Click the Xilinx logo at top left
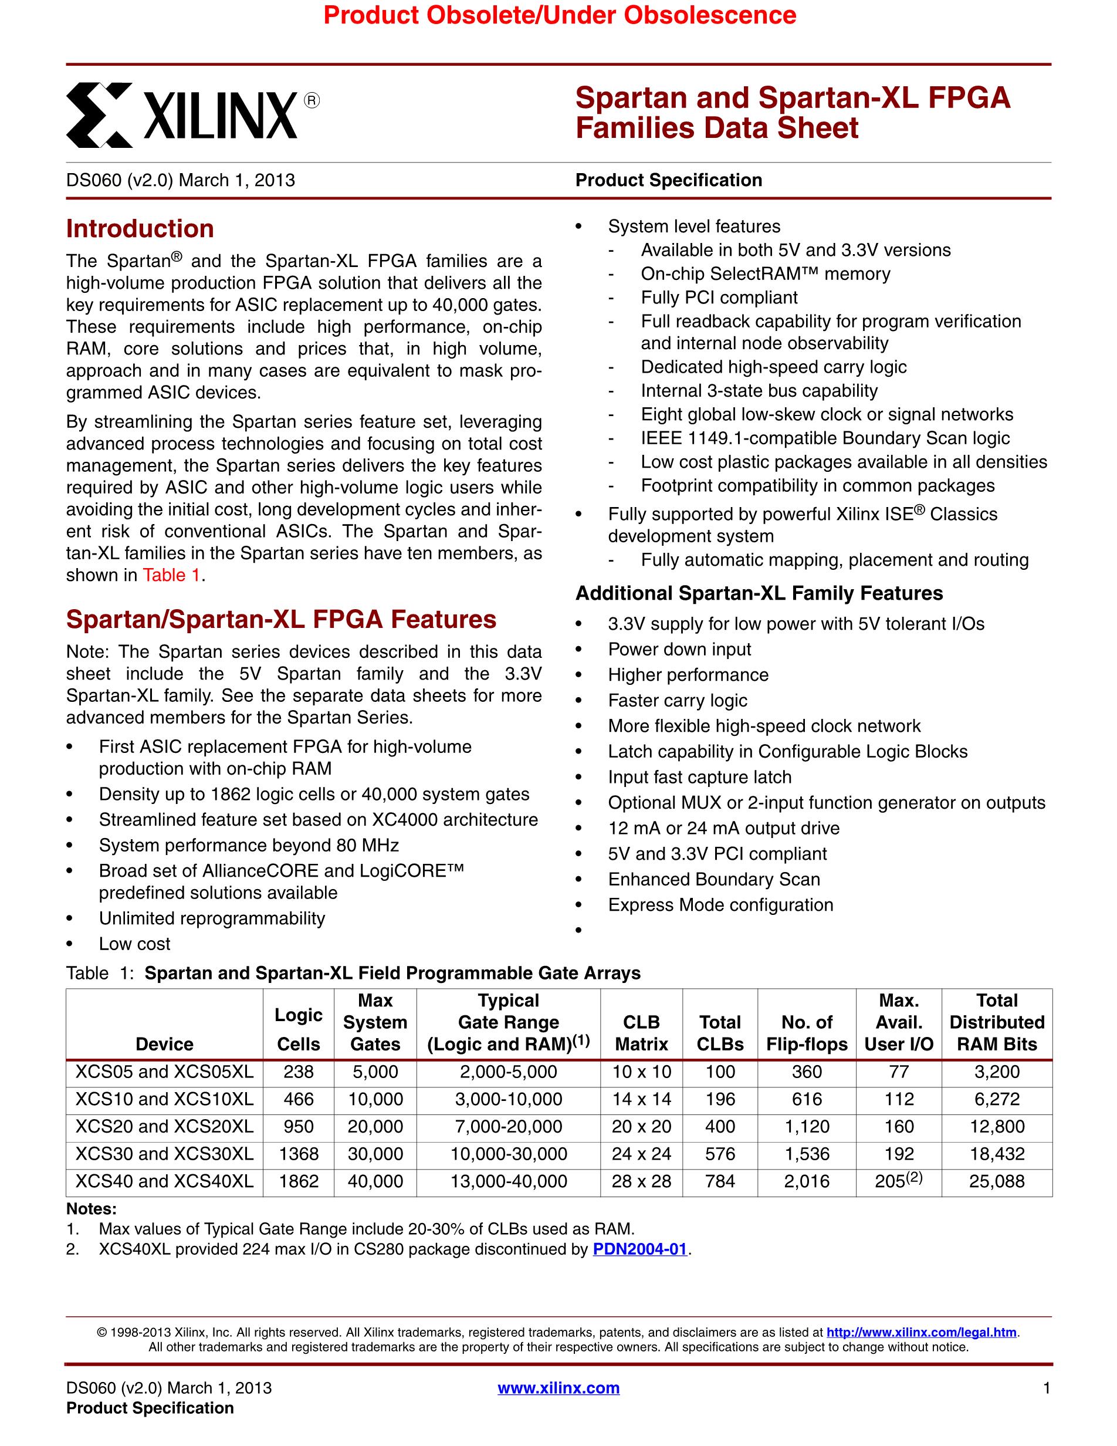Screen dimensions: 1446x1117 (x=192, y=114)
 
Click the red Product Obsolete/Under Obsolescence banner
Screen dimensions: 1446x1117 (x=559, y=15)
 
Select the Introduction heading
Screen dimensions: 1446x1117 (x=140, y=229)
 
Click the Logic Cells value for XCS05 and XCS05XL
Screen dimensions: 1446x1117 (x=299, y=1072)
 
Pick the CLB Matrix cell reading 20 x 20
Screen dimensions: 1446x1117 (x=641, y=1126)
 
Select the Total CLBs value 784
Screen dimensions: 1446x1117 (x=720, y=1181)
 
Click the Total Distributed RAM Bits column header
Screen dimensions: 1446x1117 (x=997, y=1022)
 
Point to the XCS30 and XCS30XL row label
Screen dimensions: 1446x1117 (x=164, y=1154)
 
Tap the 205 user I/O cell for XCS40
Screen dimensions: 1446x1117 (x=898, y=1181)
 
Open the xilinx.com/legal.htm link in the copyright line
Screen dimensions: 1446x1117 (x=921, y=1332)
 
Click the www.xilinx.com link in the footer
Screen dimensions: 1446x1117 (x=558, y=1388)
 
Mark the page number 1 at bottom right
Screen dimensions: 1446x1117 (x=1046, y=1388)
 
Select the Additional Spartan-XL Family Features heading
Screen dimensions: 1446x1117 (x=759, y=593)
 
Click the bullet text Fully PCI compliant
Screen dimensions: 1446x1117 (x=719, y=298)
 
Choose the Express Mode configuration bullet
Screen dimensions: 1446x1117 (x=720, y=905)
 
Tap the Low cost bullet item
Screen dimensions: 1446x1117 (x=134, y=944)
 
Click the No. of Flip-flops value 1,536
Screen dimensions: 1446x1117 (x=807, y=1154)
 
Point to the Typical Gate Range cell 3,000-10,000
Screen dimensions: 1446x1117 (x=508, y=1099)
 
